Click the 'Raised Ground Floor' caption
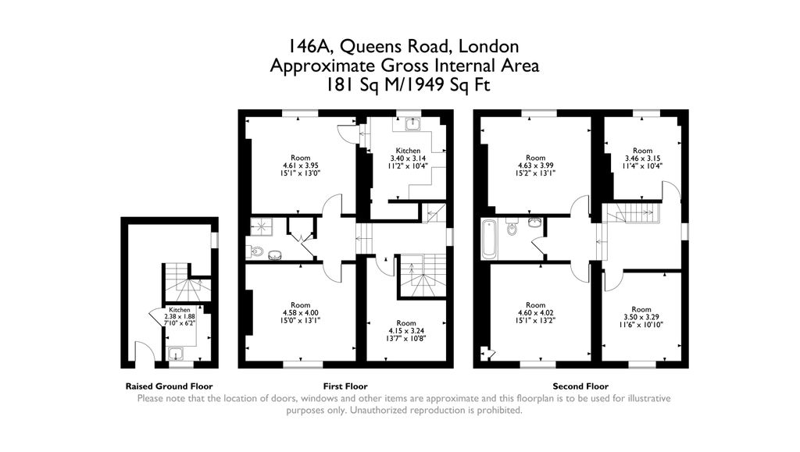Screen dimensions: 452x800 [169, 386]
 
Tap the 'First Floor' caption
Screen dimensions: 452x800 [345, 386]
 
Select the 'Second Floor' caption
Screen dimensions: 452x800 [580, 386]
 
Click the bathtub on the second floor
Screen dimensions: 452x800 [489, 239]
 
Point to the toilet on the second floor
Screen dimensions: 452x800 [512, 228]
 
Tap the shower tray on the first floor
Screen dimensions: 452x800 [259, 226]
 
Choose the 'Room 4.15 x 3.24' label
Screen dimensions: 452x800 [406, 332]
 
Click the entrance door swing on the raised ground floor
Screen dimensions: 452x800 [142, 353]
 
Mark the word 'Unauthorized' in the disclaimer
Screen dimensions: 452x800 [386, 410]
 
